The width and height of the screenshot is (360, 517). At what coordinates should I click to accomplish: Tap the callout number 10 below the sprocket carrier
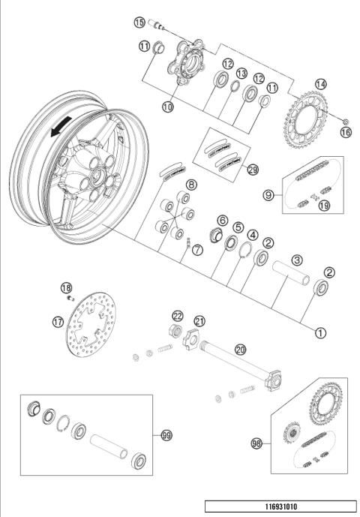[x=169, y=107]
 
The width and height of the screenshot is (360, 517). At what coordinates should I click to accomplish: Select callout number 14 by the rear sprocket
[x=322, y=84]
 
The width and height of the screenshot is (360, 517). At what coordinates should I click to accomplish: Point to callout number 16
[x=345, y=131]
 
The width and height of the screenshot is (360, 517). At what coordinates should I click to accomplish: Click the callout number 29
[x=252, y=170]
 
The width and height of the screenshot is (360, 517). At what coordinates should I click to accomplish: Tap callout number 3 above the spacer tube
[x=297, y=260]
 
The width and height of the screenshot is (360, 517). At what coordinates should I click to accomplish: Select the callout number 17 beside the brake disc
[x=58, y=323]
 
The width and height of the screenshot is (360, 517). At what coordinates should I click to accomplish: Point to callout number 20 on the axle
[x=240, y=349]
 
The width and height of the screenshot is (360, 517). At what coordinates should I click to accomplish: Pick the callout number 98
[x=256, y=443]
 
